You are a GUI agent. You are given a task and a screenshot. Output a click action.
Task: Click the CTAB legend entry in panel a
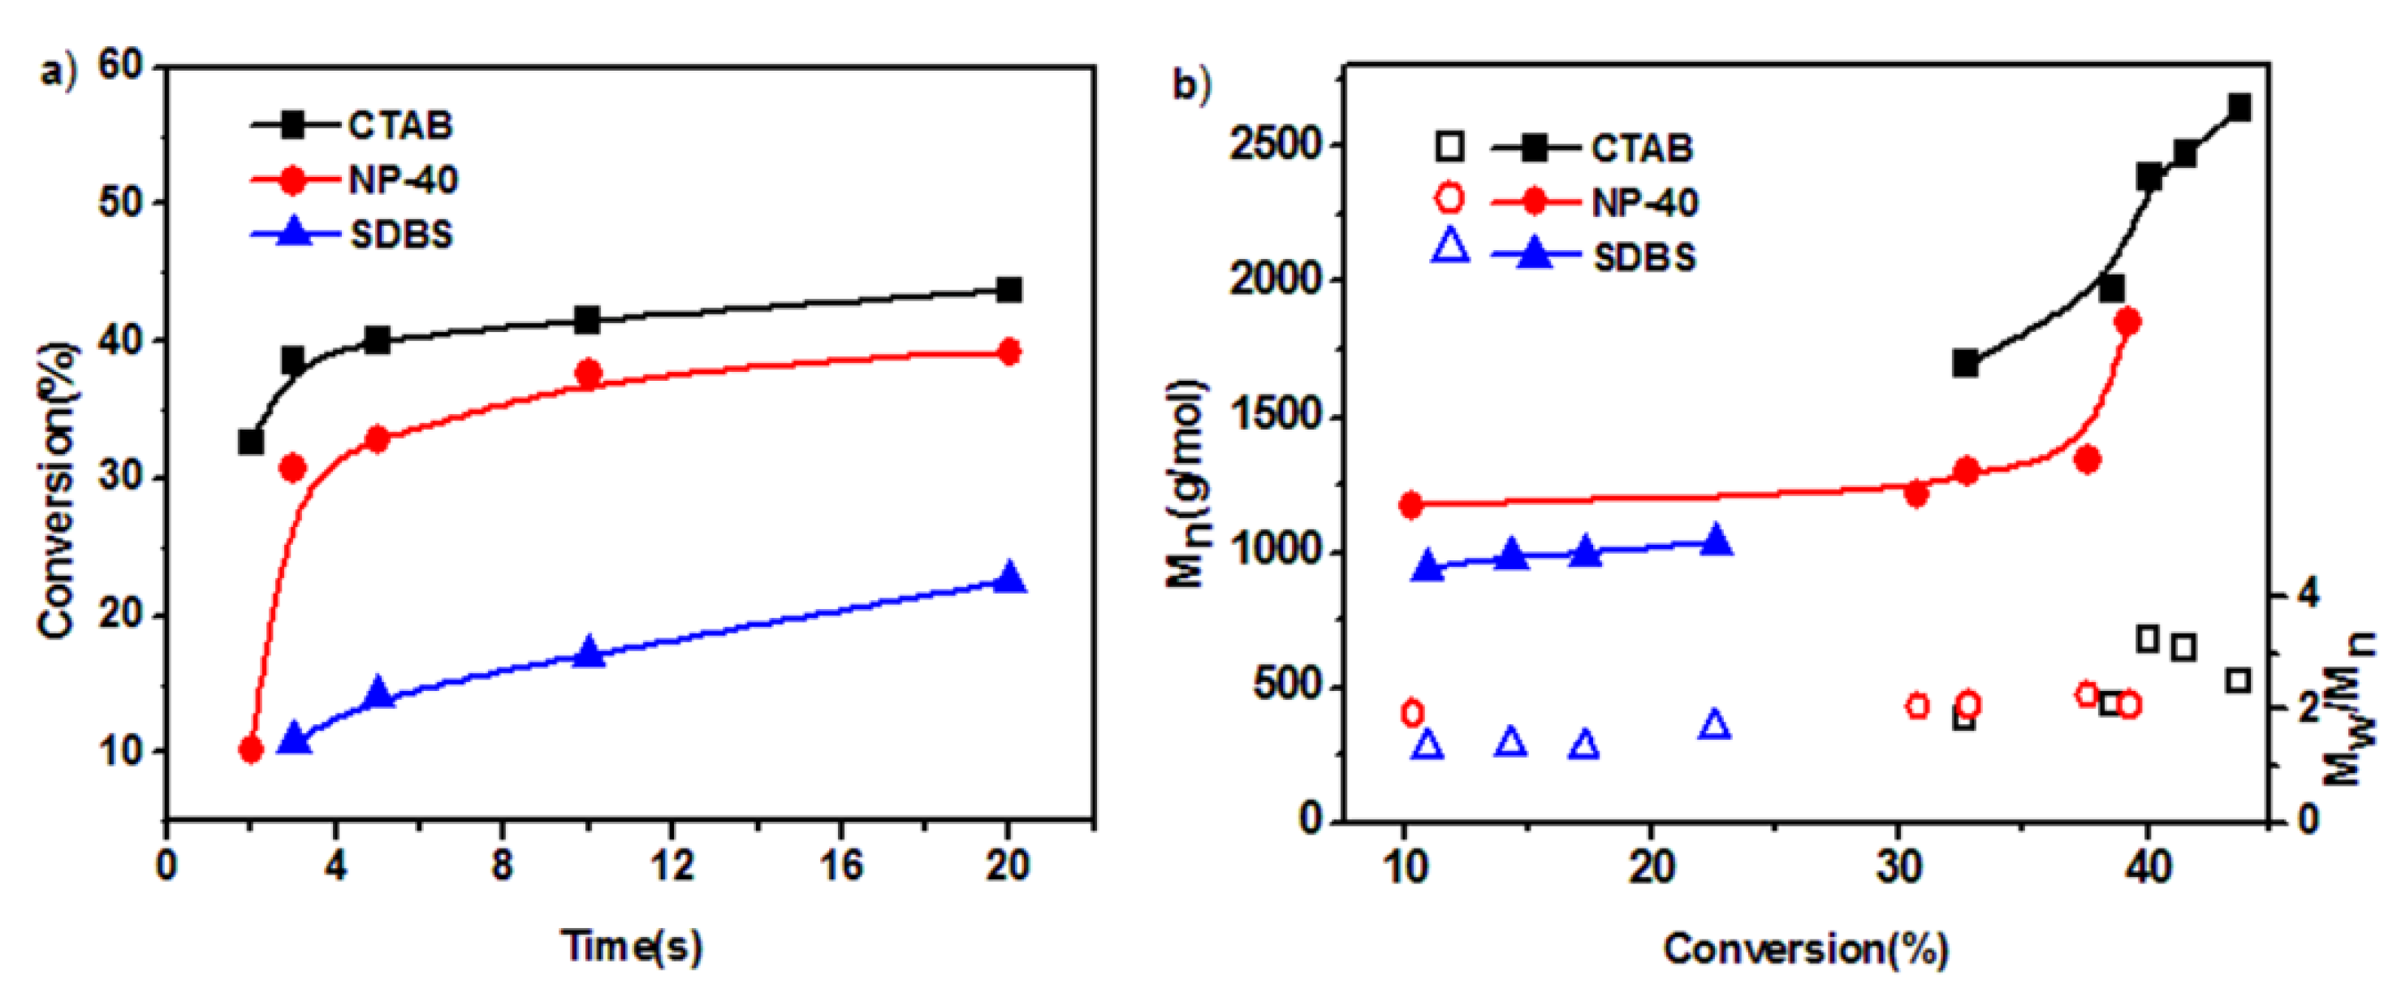tap(400, 126)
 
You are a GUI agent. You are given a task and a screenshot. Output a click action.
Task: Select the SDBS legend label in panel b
tap(1644, 257)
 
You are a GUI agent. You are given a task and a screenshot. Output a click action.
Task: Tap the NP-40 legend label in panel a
tap(403, 179)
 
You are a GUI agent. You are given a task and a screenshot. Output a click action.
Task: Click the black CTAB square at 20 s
tap(1008, 289)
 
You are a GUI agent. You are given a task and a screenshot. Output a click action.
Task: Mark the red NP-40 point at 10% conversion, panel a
tap(250, 749)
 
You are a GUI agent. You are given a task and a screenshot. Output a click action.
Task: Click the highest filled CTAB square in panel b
tap(2238, 108)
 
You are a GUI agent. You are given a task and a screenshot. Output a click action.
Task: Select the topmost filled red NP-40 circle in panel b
tap(2127, 322)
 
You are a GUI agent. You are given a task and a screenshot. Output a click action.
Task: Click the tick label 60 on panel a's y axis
tap(121, 66)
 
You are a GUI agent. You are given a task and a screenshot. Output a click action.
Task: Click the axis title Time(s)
tap(632, 947)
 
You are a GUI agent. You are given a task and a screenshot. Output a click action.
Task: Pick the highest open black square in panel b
tap(2148, 639)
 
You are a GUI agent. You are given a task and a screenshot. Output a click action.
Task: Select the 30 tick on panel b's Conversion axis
tap(1898, 868)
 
